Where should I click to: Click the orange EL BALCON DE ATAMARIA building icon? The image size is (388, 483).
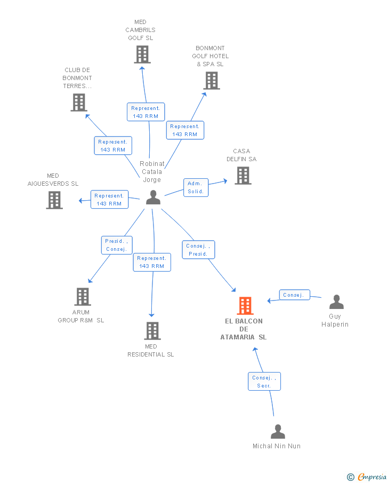pos(245,306)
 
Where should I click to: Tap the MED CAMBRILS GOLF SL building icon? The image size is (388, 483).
pos(142,54)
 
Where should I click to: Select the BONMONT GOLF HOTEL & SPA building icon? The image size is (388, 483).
pos(212,81)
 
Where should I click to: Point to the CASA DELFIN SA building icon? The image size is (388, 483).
pos(243,176)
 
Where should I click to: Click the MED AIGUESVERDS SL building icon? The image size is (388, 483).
pos(54,200)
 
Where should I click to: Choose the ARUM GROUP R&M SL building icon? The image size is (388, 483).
pos(83,297)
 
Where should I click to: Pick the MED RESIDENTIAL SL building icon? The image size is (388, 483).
pos(152,331)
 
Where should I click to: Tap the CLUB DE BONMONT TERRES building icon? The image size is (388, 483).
pos(79,102)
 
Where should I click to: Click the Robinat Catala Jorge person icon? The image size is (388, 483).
pos(153,197)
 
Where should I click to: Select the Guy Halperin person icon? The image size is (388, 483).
pos(336,302)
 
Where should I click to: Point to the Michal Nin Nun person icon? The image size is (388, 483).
pos(278,432)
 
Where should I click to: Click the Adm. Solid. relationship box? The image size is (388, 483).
pos(196,187)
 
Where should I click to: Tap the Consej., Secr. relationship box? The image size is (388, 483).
pos(264,382)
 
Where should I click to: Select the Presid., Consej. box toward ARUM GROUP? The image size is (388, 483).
pos(117,245)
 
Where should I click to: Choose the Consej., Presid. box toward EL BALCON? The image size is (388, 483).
pos(198,250)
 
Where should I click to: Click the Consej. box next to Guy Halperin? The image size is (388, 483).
pos(294,295)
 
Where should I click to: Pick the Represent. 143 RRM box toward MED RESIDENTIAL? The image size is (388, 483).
pos(152,262)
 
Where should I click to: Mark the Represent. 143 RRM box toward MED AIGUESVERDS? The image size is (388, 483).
pos(110,200)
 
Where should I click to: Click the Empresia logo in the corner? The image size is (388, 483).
pos(367,477)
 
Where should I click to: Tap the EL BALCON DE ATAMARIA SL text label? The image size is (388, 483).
pos(244,329)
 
